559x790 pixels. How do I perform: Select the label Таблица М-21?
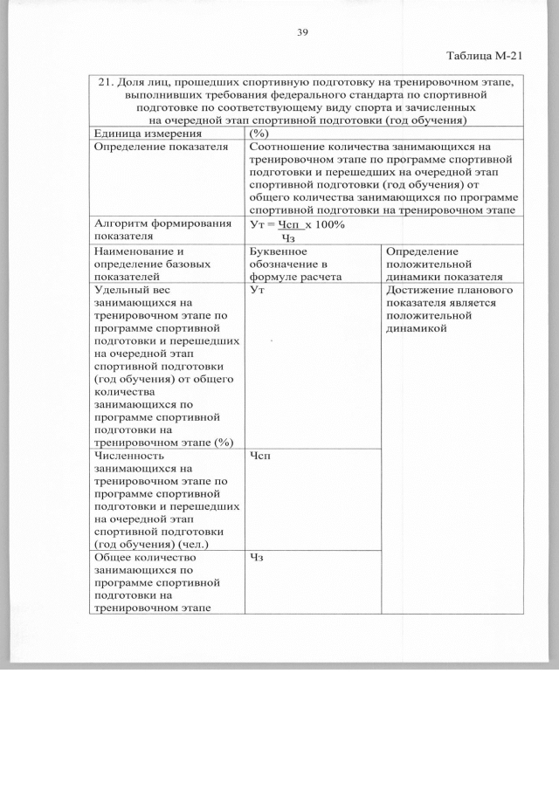click(x=484, y=56)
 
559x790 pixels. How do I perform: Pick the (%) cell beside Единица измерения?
click(x=259, y=134)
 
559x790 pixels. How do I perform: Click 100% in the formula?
click(x=329, y=224)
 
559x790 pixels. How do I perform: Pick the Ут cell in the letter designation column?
click(x=257, y=290)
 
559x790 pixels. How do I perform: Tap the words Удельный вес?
click(x=130, y=290)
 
